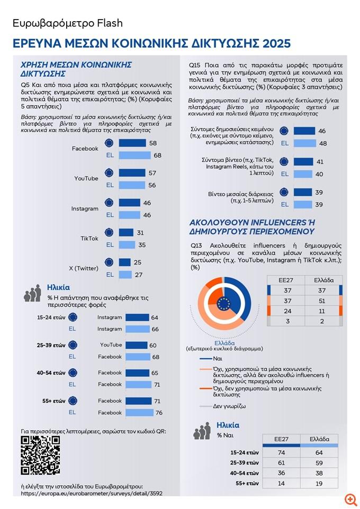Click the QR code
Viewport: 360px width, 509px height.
(x=40, y=455)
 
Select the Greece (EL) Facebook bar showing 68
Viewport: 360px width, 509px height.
(x=134, y=155)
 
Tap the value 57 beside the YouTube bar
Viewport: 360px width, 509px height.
(x=152, y=172)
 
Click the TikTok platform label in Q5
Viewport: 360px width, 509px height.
(x=89, y=239)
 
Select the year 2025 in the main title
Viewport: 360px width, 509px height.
(x=271, y=43)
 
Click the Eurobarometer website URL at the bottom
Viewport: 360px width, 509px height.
(x=92, y=493)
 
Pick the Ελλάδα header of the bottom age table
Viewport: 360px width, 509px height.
(x=319, y=439)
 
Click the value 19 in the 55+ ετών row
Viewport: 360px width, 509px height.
(x=319, y=483)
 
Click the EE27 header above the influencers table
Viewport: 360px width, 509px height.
(x=286, y=279)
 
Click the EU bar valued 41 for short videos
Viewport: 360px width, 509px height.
(x=303, y=162)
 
